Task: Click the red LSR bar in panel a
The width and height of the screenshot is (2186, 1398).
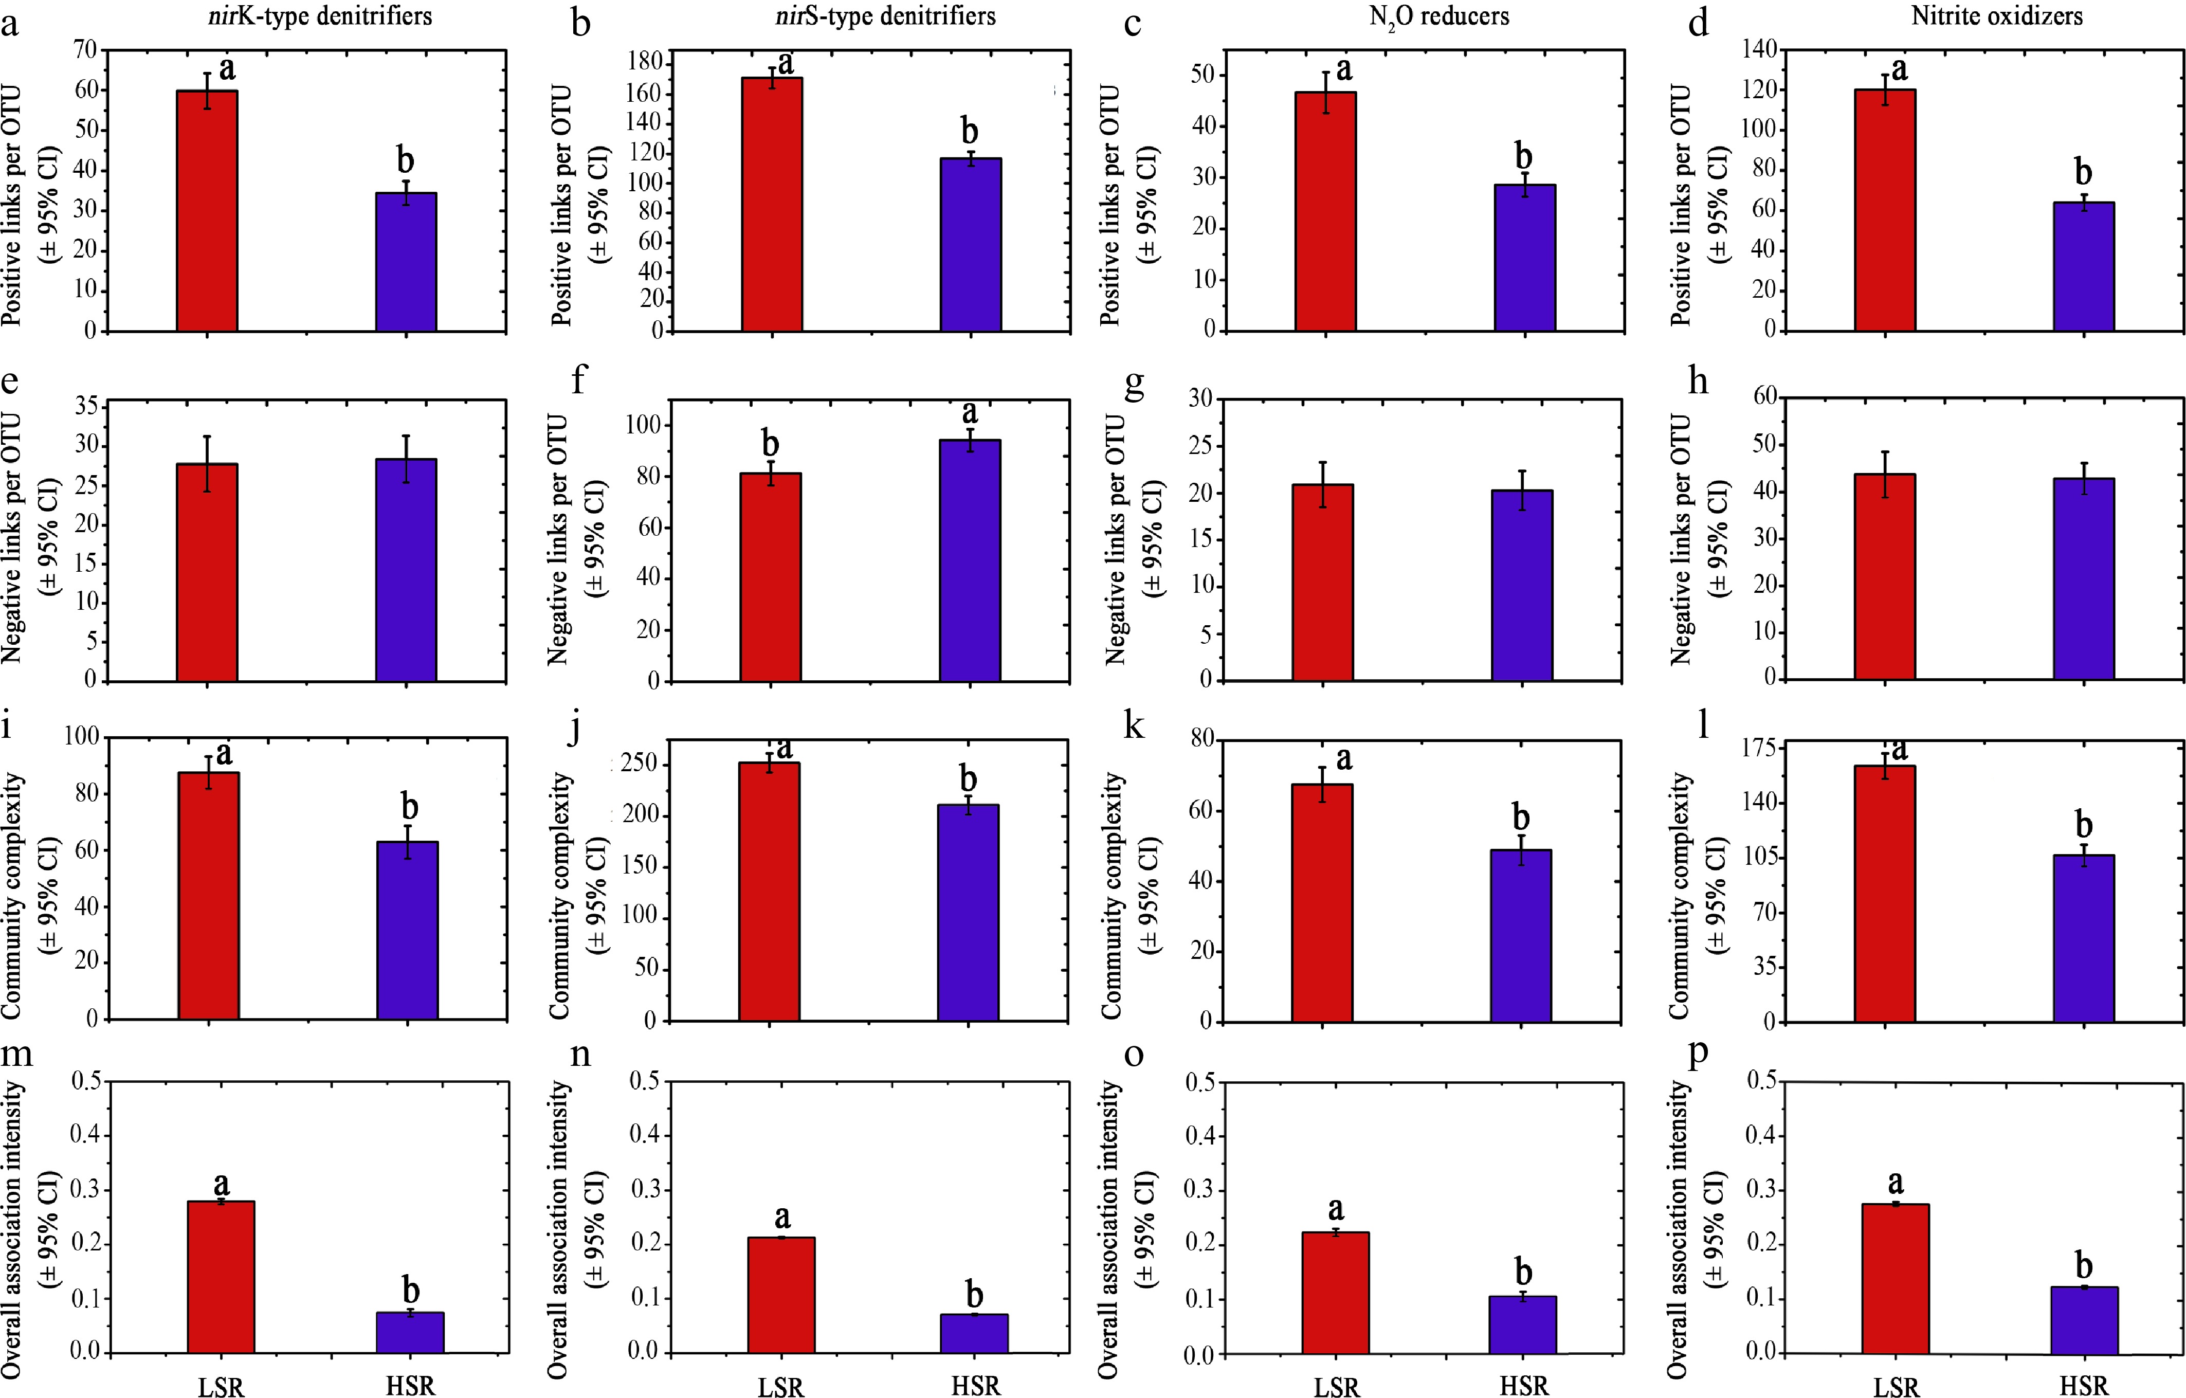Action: click(207, 211)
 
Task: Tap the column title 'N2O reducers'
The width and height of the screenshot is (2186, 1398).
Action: click(1439, 16)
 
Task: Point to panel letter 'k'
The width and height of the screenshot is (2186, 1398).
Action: click(1134, 726)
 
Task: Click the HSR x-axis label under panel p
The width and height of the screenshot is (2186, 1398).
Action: click(2083, 1385)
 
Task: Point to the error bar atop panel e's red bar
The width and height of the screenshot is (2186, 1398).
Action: click(207, 464)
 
